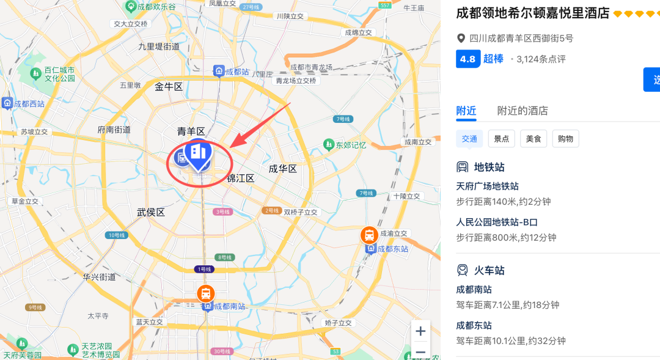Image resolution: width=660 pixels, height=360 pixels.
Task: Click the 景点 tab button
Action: [x=502, y=139]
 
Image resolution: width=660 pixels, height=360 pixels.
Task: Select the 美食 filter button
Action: [x=533, y=139]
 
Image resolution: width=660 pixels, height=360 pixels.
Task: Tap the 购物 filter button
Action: [x=565, y=139]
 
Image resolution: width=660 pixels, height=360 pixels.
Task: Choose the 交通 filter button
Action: [x=469, y=139]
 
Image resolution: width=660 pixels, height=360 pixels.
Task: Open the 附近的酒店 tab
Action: [x=522, y=111]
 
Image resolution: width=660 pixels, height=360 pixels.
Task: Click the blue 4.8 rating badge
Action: [x=468, y=59]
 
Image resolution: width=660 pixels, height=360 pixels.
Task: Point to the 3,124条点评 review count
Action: [x=541, y=59]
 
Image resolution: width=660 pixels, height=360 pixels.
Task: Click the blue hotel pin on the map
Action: [x=198, y=153]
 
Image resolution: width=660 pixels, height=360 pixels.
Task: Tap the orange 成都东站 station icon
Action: [x=369, y=235]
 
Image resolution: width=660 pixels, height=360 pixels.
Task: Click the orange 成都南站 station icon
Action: [x=206, y=294]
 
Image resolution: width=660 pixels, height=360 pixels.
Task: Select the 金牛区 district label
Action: [x=169, y=87]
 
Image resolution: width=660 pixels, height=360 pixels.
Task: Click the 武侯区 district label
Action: [x=151, y=212]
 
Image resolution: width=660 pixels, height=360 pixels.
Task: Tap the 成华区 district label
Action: [x=283, y=169]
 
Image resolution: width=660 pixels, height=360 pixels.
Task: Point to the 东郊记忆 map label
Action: [x=350, y=145]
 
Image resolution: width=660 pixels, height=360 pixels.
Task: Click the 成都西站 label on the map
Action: [x=29, y=104]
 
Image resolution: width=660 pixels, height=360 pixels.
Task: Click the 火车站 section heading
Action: [x=489, y=270]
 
